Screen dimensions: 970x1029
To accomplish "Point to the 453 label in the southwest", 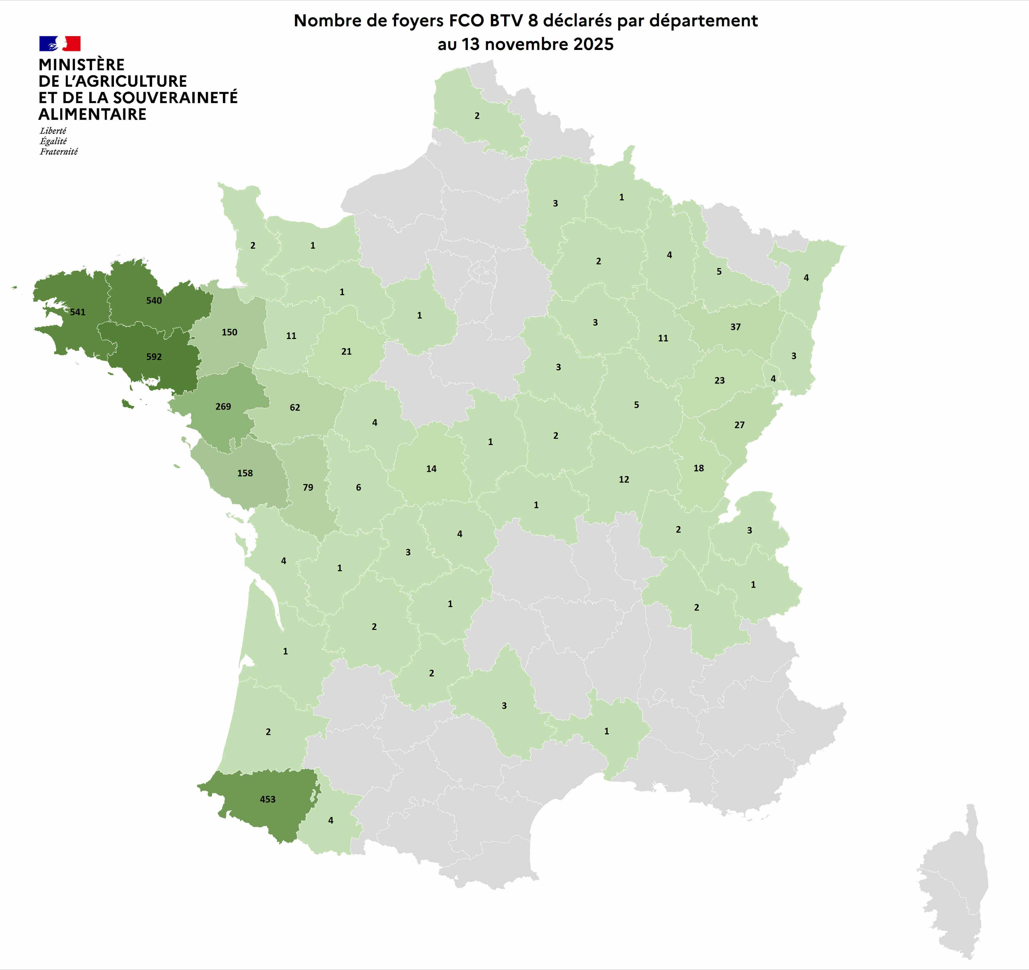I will pos(268,799).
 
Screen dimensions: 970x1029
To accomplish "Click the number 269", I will pos(223,406).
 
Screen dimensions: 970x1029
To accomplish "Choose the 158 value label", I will pos(245,473).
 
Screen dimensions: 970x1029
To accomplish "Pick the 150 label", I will pos(229,332).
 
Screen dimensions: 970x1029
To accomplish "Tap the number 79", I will pos(308,487).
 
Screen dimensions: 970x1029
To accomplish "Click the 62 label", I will pos(295,408).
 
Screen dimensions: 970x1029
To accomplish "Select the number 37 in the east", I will pos(736,327).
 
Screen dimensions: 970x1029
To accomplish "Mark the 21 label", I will pos(346,352).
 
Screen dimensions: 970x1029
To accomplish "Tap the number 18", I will pos(699,468).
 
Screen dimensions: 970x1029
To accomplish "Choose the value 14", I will pos(431,469).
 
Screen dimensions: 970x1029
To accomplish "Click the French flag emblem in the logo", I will pos(60,44).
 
